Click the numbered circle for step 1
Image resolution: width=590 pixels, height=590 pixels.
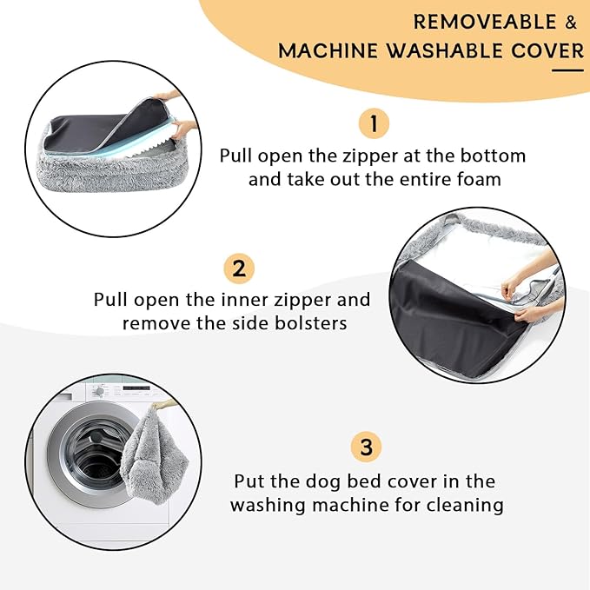pyautogui.click(x=374, y=123)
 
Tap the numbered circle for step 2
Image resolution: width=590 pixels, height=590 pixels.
pyautogui.click(x=239, y=268)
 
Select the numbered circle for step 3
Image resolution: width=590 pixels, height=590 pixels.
pyautogui.click(x=366, y=447)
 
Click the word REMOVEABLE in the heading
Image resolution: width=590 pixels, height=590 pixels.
pyautogui.click(x=485, y=22)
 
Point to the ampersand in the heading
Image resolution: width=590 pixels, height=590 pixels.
pyautogui.click(x=571, y=22)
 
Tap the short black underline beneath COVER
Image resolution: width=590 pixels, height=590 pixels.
pyautogui.click(x=567, y=70)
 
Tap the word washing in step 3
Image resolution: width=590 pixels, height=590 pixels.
pyautogui.click(x=268, y=506)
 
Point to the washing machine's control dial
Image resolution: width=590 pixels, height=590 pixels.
pyautogui.click(x=99, y=391)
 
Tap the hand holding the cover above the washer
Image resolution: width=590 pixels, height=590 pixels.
pyautogui.click(x=162, y=405)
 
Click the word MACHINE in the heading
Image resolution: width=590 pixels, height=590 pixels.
pyautogui.click(x=328, y=50)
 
